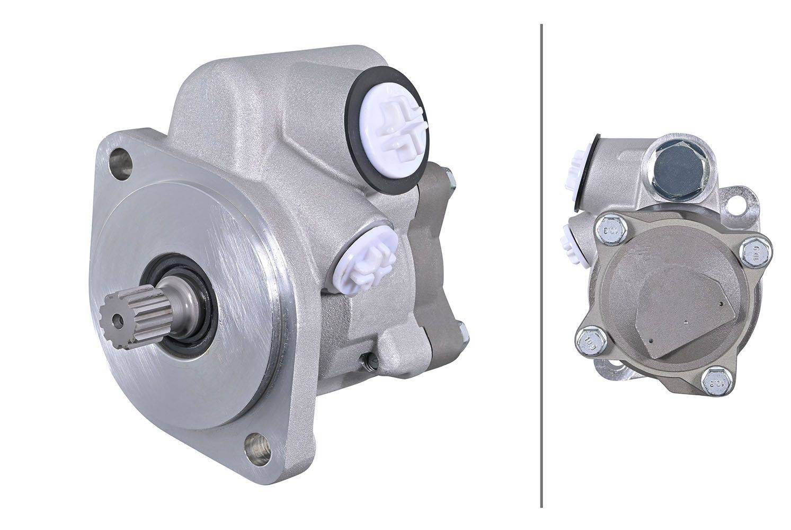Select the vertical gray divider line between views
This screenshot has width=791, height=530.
(x=541, y=265)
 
